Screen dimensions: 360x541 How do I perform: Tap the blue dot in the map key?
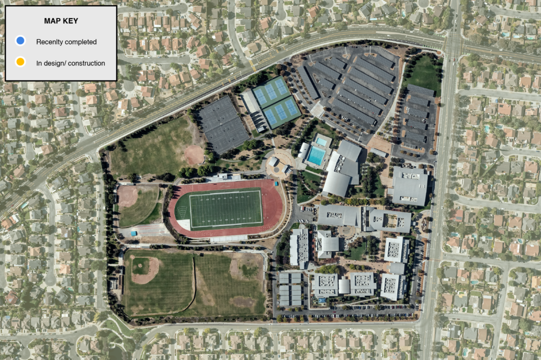coord(20,41)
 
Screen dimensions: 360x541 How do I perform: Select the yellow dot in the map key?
coord(20,63)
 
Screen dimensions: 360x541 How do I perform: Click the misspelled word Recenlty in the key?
coord(48,42)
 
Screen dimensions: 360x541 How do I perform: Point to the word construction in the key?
coord(86,63)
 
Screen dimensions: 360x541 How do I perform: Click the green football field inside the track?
coord(226,210)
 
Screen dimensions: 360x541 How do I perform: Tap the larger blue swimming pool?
coord(316,155)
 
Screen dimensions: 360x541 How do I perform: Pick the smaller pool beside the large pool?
coord(321,141)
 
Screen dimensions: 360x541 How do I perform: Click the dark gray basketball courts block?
coord(222,125)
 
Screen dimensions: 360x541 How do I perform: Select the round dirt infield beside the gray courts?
coord(194,155)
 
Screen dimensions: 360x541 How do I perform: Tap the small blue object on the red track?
coord(276,183)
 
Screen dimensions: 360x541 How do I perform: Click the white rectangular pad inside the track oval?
coord(183,224)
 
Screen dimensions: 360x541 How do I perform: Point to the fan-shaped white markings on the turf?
coord(182,212)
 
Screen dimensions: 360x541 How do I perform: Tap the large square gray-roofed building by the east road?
coord(409,186)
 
